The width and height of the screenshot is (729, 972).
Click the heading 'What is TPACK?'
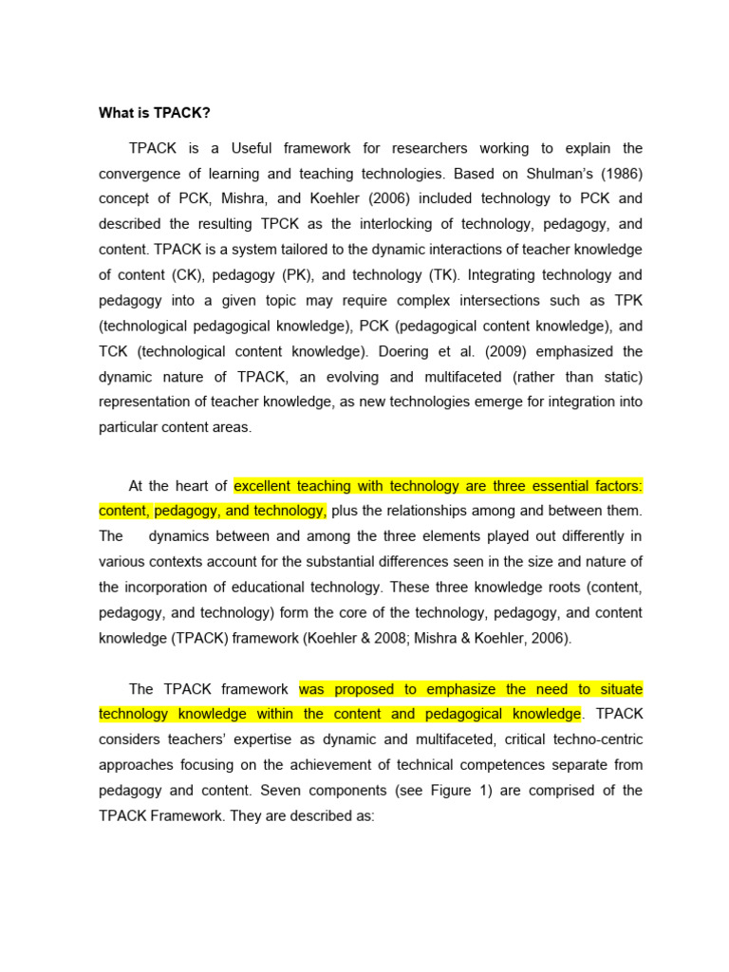click(x=155, y=114)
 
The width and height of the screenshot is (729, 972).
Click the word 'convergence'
click(x=140, y=174)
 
